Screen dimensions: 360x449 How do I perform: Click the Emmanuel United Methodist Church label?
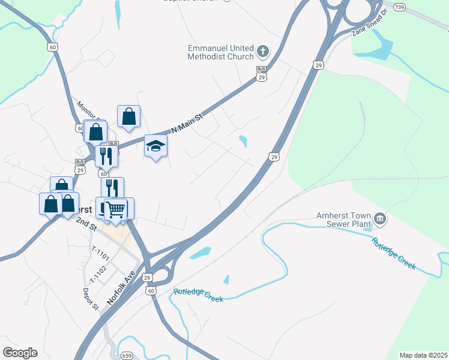coord(221,52)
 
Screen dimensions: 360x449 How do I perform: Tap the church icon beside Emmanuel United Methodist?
coord(263,50)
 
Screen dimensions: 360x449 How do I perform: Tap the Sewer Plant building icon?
coord(379,218)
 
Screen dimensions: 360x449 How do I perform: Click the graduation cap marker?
coord(156,146)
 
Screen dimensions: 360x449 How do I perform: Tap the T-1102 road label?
coord(98,275)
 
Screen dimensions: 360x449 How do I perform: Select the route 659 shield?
coord(127,356)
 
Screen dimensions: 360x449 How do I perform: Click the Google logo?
coord(20,353)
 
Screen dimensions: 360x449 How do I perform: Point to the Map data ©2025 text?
coord(423,355)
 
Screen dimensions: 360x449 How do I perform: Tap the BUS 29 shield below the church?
coord(261,73)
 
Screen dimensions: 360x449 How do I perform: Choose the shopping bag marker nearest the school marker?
coord(129,117)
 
